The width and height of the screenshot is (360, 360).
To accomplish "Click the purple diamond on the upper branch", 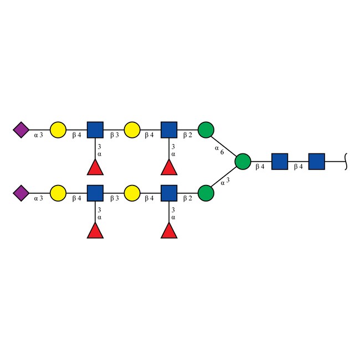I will (21, 131).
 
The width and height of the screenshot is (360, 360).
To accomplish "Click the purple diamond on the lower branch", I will (21, 194).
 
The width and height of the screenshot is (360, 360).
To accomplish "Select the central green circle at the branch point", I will (243, 162).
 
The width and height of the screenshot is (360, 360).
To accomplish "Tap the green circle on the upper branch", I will (206, 131).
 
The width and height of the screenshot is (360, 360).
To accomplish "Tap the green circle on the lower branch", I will (206, 194).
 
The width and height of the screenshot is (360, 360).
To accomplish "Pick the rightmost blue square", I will (316, 162).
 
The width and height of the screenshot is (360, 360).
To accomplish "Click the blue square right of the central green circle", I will (280, 162).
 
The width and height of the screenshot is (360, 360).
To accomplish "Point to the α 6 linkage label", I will (220, 150).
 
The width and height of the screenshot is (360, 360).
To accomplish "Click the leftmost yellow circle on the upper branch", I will (58, 131).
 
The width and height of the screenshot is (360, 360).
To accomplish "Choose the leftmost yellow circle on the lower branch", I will (58, 194).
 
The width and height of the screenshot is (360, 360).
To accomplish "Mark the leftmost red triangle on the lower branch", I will (95, 230).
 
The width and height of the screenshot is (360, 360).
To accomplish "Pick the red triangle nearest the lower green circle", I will (169, 230).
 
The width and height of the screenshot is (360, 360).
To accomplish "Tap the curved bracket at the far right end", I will (346, 162).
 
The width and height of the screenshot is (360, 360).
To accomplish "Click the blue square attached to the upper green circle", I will (169, 131).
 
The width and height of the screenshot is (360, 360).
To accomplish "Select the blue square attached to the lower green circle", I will (169, 194).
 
